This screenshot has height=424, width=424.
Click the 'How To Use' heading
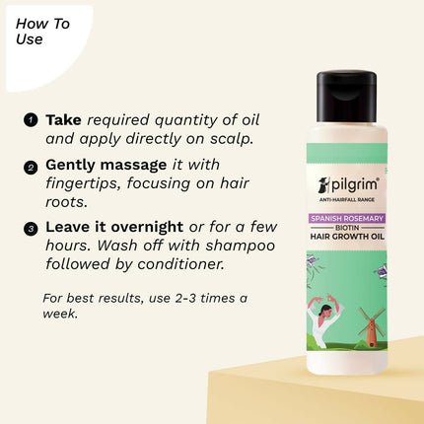tap(42, 32)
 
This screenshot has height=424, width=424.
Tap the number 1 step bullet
tap(30, 120)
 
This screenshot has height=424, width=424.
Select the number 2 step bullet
tap(30, 166)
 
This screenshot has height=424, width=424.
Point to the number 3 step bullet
tap(30, 227)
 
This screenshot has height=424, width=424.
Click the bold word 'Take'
tap(63, 119)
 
